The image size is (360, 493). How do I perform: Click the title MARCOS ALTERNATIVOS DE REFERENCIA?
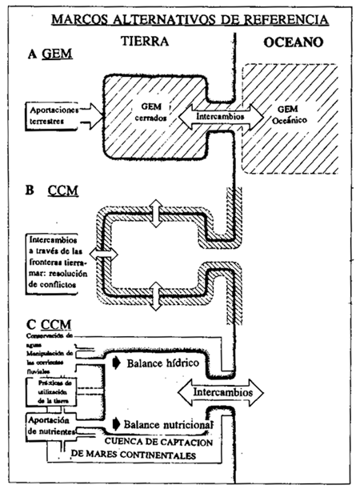click(179, 18)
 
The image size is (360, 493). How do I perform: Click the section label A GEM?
click(47, 56)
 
